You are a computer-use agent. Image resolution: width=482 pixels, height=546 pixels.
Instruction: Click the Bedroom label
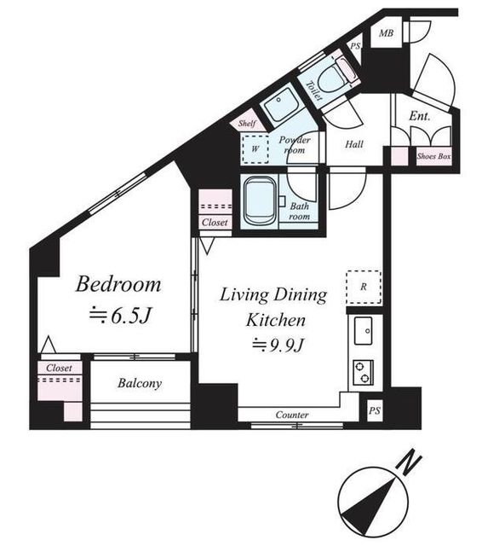click(x=118, y=284)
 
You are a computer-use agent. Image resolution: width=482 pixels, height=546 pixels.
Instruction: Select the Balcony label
click(x=140, y=383)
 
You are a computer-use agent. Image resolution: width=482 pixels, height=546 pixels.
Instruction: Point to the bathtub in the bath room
click(x=260, y=201)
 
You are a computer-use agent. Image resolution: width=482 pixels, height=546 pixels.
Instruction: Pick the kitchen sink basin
click(x=363, y=331)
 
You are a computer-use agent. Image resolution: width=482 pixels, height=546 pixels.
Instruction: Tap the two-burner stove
click(x=363, y=372)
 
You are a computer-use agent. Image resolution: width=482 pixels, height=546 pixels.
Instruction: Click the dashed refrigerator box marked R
click(x=364, y=287)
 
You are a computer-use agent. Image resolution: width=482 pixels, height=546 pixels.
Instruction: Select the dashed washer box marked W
click(x=255, y=149)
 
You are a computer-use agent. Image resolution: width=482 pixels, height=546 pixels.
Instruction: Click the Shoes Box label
click(x=434, y=156)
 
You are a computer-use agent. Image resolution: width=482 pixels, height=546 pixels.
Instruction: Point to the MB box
click(x=386, y=33)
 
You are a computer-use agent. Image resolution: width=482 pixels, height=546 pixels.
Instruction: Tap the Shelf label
click(x=247, y=123)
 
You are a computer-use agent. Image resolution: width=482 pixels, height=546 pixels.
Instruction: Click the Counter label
click(x=292, y=415)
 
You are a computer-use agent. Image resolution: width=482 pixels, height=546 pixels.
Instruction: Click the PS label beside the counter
click(x=374, y=411)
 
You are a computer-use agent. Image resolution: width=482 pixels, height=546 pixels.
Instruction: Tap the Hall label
click(x=354, y=144)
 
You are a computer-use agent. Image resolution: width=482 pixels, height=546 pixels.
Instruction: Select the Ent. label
click(x=420, y=116)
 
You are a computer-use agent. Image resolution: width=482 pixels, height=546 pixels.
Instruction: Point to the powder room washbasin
click(x=280, y=105)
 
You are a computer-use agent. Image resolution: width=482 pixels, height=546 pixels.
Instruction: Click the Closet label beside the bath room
click(x=215, y=222)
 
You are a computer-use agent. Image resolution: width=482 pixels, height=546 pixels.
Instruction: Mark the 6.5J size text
click(x=120, y=316)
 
